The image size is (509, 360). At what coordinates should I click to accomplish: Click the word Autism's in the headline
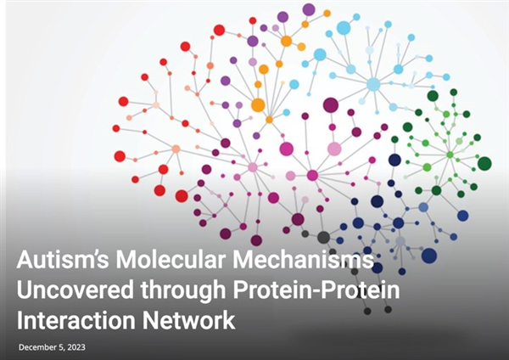coord(63,259)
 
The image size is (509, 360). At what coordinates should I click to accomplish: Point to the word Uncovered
coord(75,290)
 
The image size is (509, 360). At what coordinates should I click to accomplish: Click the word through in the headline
coord(183,291)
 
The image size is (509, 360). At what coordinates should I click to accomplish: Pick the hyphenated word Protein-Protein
coord(316,290)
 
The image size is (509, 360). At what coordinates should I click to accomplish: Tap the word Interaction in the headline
coord(76,320)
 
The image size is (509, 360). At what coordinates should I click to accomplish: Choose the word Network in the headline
coord(188,320)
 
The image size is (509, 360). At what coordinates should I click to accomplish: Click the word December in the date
coord(37,347)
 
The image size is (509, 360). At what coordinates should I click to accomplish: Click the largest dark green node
coord(484,163)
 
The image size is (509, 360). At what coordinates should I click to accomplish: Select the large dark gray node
coord(324,238)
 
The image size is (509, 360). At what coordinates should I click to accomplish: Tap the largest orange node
coord(258,105)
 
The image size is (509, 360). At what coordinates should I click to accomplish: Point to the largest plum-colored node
coord(331,105)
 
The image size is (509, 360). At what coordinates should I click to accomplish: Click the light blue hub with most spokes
coord(373,84)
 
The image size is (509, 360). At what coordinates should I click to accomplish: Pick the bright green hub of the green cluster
coord(450,155)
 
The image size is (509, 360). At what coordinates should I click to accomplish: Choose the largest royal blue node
coord(429,255)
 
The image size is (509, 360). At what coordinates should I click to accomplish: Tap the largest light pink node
coord(334,149)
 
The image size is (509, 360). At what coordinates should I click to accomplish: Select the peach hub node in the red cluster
coord(176,149)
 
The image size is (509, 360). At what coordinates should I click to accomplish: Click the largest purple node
coord(309,9)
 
